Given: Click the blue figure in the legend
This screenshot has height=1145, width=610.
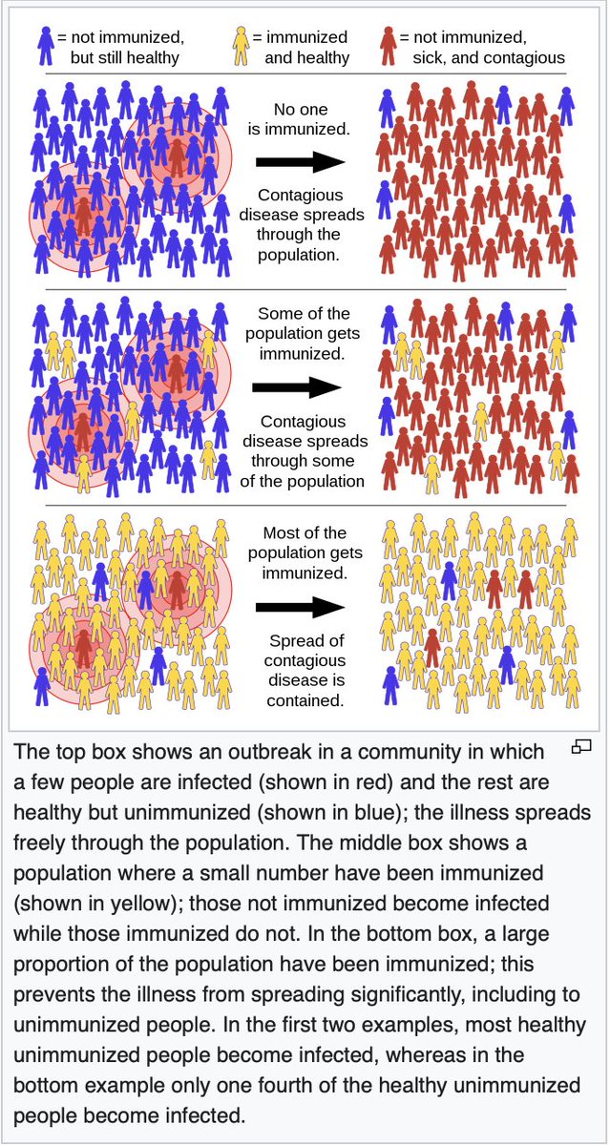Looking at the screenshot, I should click(45, 46).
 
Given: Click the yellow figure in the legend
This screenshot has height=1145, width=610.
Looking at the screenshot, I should click(242, 46).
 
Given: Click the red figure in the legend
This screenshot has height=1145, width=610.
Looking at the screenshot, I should click(388, 46).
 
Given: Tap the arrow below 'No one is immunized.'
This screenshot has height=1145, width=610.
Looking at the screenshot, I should click(299, 162).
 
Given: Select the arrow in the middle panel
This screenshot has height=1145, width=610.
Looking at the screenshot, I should click(296, 387).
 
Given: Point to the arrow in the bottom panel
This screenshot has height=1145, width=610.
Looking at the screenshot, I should click(299, 607).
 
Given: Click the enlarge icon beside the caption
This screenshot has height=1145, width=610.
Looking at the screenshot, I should click(581, 748).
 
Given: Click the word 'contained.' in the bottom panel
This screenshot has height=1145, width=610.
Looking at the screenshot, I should click(301, 701).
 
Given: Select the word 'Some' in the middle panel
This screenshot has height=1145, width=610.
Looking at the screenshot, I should click(278, 314).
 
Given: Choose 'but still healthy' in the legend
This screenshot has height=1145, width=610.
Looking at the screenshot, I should click(127, 58).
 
